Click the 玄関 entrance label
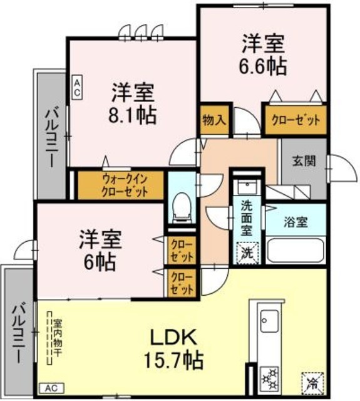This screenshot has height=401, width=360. (303, 160)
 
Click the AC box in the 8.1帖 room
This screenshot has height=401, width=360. (76, 86)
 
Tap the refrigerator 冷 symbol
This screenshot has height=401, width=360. (311, 380)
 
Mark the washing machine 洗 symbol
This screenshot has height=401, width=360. (246, 254)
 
